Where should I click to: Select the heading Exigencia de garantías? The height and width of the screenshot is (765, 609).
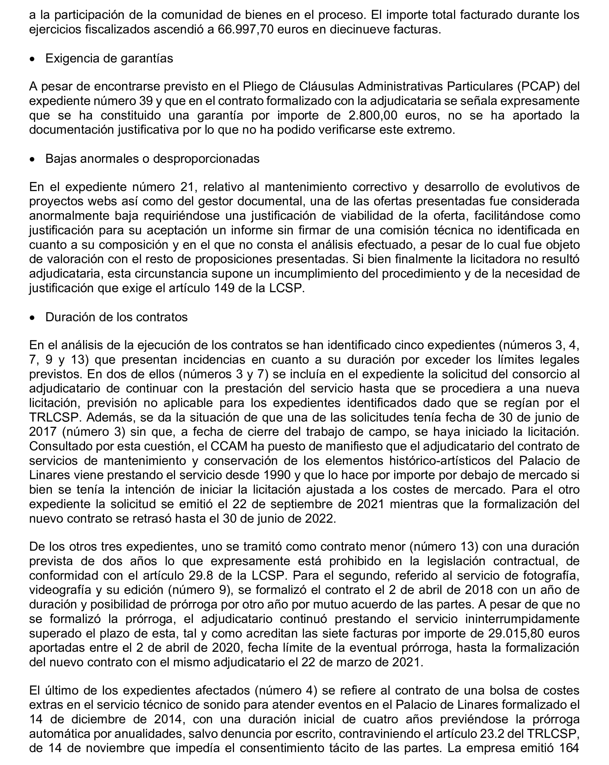tap(109, 58)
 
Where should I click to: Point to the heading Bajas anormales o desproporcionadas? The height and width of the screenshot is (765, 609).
tap(152, 159)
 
